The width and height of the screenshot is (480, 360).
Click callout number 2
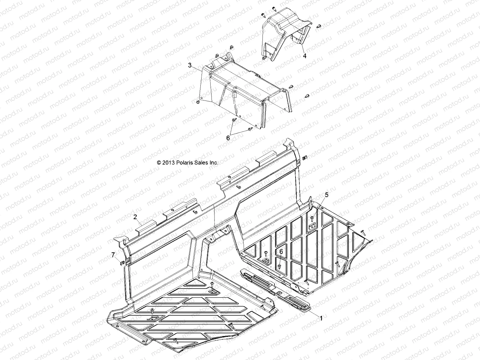click(135, 216)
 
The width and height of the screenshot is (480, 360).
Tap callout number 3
click(198, 65)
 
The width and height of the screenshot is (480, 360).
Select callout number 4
click(304, 56)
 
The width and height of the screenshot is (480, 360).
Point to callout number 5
click(327, 195)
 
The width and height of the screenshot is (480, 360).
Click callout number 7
click(113, 255)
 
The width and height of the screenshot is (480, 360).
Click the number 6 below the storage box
click(228, 138)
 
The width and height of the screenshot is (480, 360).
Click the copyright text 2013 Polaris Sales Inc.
click(187, 163)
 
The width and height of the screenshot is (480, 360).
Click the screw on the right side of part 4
click(319, 26)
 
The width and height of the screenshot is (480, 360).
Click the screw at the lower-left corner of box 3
click(197, 103)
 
